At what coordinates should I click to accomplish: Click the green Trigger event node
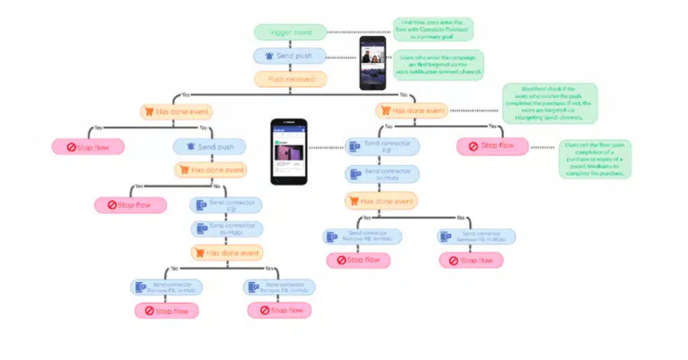(x=290, y=32)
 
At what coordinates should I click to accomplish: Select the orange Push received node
(x=290, y=79)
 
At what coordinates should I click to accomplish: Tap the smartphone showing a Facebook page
(x=289, y=152)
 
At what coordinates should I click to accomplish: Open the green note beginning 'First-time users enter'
(x=433, y=30)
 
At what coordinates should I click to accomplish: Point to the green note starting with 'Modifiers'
(x=550, y=103)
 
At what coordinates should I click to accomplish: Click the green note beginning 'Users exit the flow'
(x=595, y=159)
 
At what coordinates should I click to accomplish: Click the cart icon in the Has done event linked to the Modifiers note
(x=385, y=111)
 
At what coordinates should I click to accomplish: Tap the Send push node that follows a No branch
(x=209, y=146)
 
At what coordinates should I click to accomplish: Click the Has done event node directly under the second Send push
(x=210, y=170)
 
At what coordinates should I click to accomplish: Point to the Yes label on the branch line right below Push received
(x=185, y=95)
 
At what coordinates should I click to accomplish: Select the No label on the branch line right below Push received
(x=403, y=95)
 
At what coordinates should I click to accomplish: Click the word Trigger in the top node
(x=281, y=32)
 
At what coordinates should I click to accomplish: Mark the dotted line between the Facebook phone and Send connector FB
(x=325, y=147)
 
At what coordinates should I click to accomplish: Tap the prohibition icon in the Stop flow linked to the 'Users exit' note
(x=473, y=146)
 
